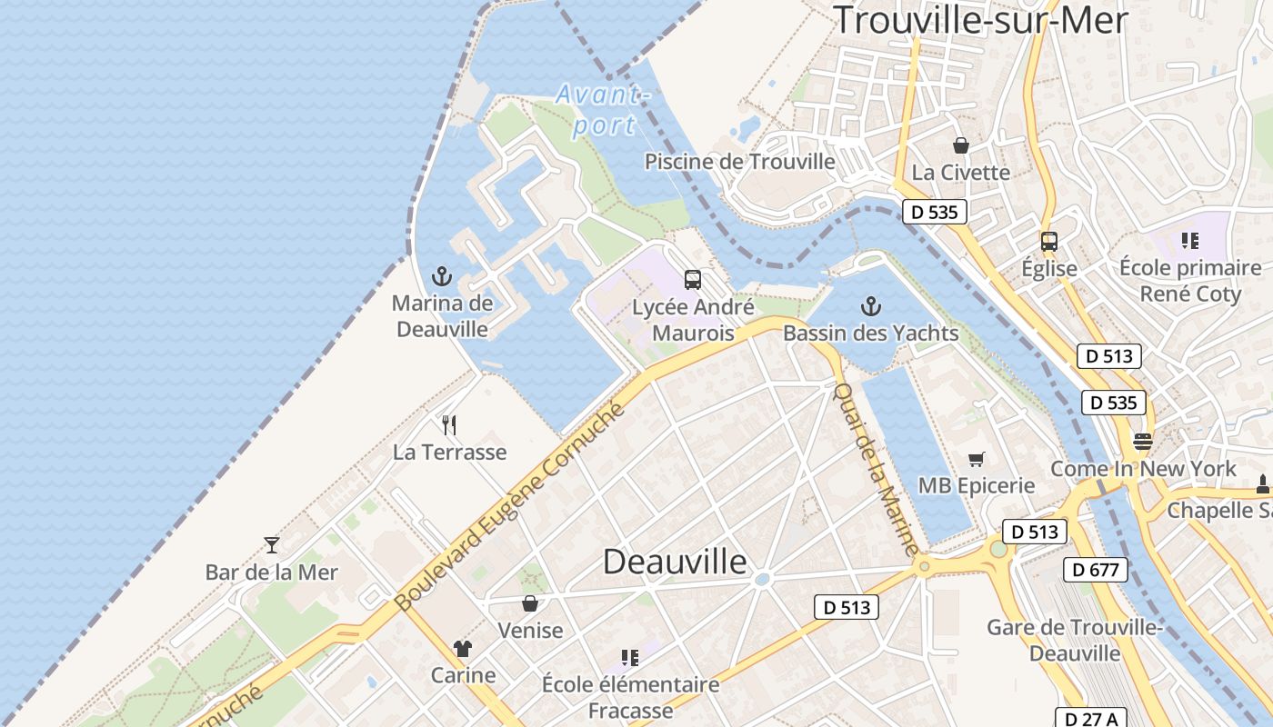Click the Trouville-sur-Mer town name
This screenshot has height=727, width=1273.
(x=980, y=20)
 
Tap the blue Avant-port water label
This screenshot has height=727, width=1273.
(x=603, y=109)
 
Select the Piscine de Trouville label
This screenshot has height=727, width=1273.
(x=739, y=162)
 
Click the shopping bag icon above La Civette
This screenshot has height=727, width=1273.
(x=960, y=144)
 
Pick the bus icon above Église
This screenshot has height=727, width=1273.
(x=1049, y=242)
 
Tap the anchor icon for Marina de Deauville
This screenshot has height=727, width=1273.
(x=442, y=276)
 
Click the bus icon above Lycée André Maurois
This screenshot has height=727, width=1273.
(x=693, y=280)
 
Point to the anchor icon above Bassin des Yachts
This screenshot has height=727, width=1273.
(x=871, y=306)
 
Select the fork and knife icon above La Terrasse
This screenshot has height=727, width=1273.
(x=449, y=424)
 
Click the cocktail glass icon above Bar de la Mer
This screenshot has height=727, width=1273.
(x=271, y=544)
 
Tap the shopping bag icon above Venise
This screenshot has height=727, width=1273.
(x=530, y=603)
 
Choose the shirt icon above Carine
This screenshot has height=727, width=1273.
(x=463, y=648)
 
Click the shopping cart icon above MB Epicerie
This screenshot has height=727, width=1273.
(x=977, y=459)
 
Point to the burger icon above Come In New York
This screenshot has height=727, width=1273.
(x=1142, y=442)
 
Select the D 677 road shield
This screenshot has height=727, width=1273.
(x=1095, y=570)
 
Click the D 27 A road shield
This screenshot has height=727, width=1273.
(x=1092, y=719)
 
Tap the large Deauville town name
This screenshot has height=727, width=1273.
(x=675, y=562)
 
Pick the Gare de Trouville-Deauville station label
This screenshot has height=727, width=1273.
(x=1075, y=640)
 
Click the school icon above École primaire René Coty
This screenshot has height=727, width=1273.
(x=1189, y=241)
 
